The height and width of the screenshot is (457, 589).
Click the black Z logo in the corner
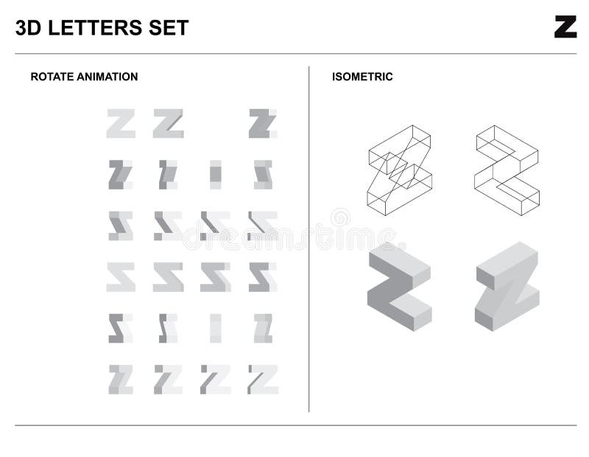click(565, 27)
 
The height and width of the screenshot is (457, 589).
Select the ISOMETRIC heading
click(362, 77)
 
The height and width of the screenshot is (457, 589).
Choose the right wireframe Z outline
click(507, 167)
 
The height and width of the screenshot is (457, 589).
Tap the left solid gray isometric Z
click(398, 286)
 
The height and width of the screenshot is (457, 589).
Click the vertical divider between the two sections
click(309, 236)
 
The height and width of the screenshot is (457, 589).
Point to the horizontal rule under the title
click(294, 53)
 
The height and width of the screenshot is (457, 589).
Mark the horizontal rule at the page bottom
click(294, 425)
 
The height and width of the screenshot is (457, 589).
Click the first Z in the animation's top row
click(121, 124)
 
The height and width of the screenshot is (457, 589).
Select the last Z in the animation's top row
click(261, 124)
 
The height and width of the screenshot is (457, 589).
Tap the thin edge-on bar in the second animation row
click(215, 175)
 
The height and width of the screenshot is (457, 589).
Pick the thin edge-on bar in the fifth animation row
click(215, 328)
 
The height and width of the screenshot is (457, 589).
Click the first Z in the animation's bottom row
click(121, 379)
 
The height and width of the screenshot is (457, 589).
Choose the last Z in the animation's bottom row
click(262, 379)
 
